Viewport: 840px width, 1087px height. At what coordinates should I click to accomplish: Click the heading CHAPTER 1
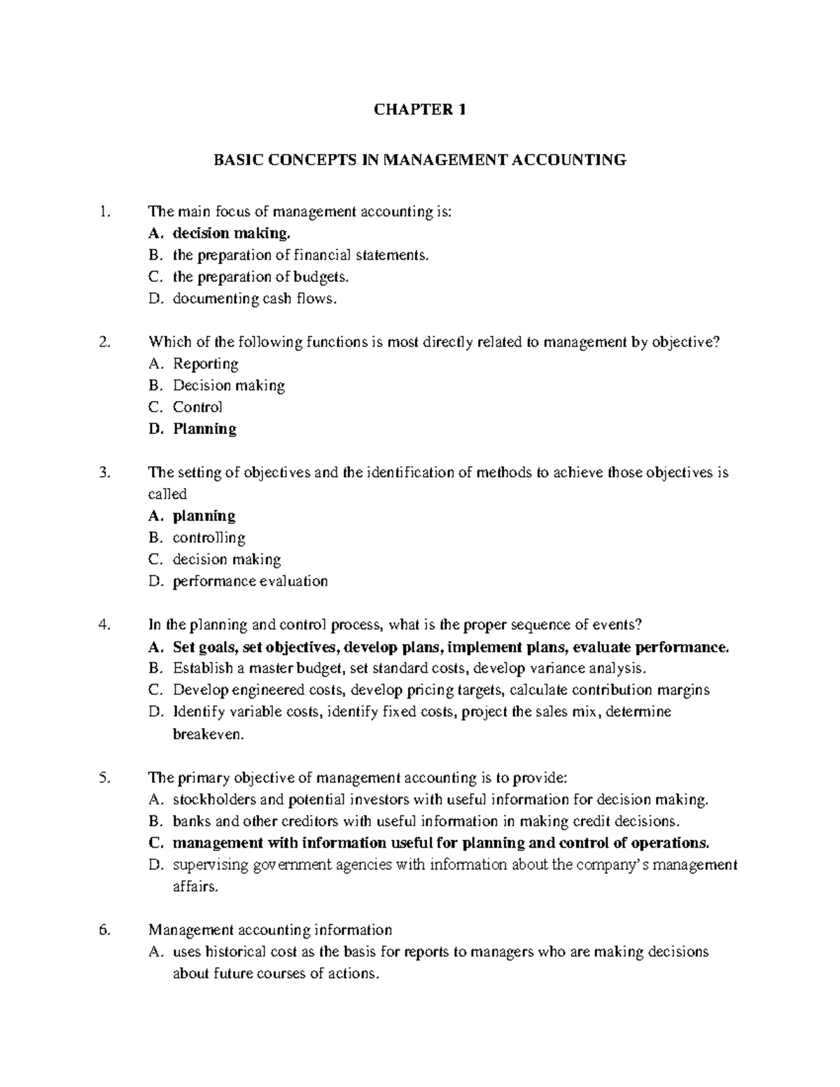click(419, 109)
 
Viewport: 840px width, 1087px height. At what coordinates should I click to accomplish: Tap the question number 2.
click(105, 342)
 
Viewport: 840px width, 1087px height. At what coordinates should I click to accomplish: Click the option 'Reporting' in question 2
click(206, 364)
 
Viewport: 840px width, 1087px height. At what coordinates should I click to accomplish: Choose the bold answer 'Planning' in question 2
click(204, 429)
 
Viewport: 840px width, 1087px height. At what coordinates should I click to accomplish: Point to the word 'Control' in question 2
click(197, 407)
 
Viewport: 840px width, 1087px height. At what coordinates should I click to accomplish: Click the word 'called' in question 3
click(167, 494)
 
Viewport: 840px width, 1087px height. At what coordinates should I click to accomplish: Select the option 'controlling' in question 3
click(209, 538)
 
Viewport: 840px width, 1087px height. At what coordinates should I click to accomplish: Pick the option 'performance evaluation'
click(250, 581)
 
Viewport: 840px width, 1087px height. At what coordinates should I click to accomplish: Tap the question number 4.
click(105, 625)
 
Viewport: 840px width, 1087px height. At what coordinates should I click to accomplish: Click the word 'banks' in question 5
click(192, 821)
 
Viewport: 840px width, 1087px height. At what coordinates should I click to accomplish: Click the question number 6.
click(105, 930)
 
